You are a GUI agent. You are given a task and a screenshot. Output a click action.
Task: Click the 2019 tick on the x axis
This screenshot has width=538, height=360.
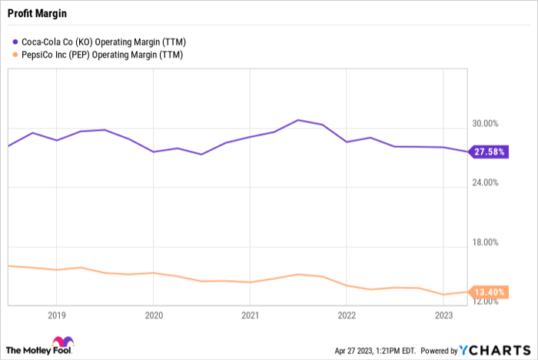pyautogui.click(x=57, y=315)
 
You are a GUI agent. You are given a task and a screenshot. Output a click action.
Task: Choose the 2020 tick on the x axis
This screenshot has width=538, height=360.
pyautogui.click(x=154, y=315)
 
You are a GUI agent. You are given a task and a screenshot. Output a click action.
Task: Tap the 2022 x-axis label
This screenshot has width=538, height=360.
pyautogui.click(x=347, y=315)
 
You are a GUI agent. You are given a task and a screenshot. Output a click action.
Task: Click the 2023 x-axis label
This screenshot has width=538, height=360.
pyautogui.click(x=443, y=315)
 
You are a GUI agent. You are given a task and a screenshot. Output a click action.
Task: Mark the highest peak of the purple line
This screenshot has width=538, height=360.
pyautogui.click(x=298, y=120)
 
